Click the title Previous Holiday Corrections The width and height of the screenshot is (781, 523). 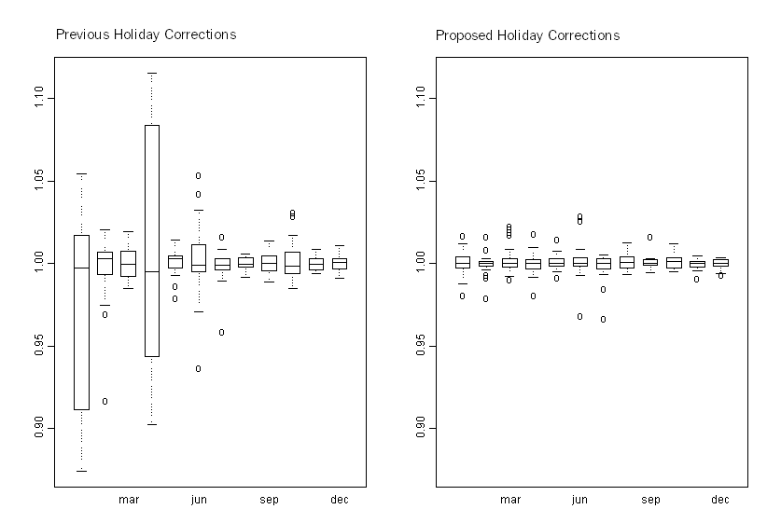pos(146,34)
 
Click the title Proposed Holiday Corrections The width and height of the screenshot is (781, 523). pos(527,35)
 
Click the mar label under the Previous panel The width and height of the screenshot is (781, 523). pos(129,501)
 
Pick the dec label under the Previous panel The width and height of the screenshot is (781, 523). pos(340,501)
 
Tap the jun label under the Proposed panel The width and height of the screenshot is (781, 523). pos(579,501)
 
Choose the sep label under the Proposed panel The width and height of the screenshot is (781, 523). pos(650,501)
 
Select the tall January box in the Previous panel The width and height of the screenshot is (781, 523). pos(81,322)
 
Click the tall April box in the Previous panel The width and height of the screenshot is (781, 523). pos(151,241)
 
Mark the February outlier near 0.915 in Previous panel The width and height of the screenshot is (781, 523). pos(105,401)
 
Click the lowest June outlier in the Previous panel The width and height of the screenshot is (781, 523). pos(199,368)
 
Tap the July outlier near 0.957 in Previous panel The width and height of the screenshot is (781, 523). pos(222,332)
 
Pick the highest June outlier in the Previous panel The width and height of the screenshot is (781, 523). pos(199,175)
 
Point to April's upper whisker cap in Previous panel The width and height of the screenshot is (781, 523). pos(151,73)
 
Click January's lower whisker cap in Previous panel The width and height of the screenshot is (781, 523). pos(81,471)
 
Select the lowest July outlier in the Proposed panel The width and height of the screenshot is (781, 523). pos(603,319)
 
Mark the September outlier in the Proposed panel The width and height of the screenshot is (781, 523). pos(649,237)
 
